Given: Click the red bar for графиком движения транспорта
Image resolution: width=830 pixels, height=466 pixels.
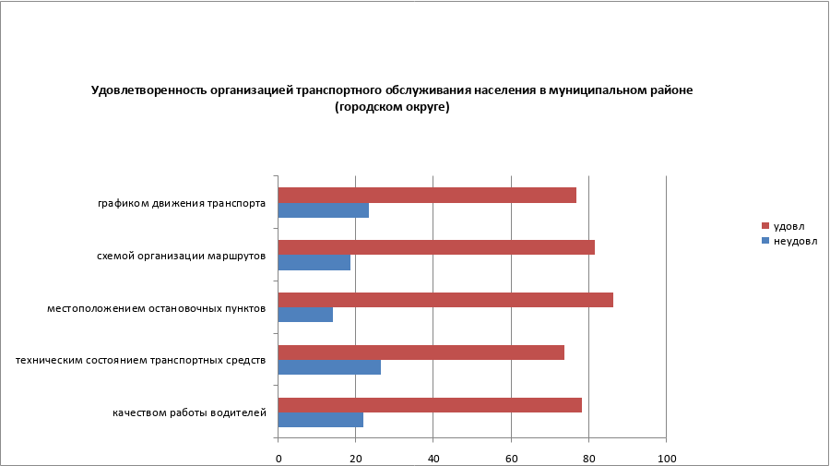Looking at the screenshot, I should click(427, 195).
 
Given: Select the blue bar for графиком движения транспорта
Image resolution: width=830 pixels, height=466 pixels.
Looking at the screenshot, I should click(323, 209).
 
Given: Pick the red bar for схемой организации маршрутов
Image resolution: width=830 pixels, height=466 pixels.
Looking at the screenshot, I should click(436, 247).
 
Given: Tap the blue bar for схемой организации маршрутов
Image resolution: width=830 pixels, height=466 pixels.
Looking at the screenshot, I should click(314, 262).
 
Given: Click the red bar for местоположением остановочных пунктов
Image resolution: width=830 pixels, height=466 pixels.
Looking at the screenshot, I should click(445, 300).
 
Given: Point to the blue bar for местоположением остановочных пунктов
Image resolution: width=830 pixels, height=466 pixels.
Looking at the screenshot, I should click(305, 315).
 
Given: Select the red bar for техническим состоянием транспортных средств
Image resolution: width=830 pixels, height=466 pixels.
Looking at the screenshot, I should click(421, 352).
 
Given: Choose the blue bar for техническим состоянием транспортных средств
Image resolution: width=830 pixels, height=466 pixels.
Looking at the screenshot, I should click(329, 367).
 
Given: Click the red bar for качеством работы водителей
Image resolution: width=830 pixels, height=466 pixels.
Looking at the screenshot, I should click(430, 405).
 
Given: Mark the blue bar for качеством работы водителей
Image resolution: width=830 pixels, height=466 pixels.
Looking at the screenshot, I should click(320, 420).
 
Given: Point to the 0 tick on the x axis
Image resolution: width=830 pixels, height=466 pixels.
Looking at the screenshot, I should click(278, 459).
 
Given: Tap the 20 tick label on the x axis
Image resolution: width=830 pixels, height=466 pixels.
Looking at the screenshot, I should click(355, 459).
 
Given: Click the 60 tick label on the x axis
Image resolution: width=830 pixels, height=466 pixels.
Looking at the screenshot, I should click(511, 459).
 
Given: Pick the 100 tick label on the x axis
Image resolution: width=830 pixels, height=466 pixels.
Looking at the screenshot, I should click(666, 459).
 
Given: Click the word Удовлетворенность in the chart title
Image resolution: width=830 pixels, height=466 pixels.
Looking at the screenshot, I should click(148, 90).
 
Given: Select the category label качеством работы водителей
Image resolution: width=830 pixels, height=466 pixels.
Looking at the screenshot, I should click(190, 412).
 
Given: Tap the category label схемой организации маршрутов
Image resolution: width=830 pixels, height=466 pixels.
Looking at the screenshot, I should click(182, 256).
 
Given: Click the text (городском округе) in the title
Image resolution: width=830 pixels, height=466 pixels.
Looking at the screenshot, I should click(391, 107).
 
